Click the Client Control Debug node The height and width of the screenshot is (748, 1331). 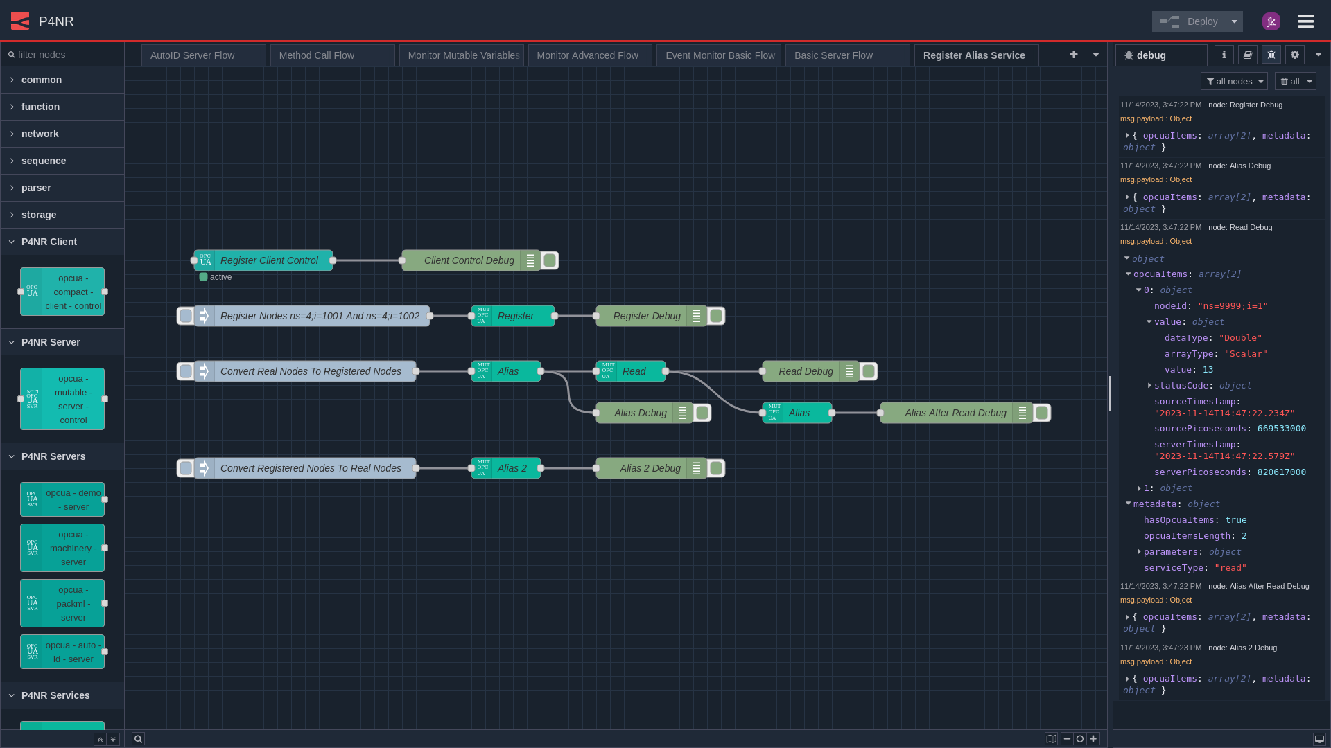click(x=469, y=260)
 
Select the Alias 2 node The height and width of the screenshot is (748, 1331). click(x=512, y=468)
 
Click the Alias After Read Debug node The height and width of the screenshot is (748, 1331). click(x=955, y=413)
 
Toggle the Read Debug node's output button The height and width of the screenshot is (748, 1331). click(x=869, y=371)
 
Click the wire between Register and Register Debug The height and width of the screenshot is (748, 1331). click(x=575, y=316)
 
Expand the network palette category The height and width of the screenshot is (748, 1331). click(x=40, y=134)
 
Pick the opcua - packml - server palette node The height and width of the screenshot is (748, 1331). click(x=62, y=603)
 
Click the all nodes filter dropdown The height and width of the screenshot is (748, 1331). click(x=1234, y=82)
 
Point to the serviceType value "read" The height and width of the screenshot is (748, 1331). click(x=1230, y=568)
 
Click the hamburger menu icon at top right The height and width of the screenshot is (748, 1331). click(x=1305, y=21)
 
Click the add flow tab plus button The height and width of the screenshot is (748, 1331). click(x=1073, y=55)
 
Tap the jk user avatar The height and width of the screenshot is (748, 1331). click(x=1271, y=21)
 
